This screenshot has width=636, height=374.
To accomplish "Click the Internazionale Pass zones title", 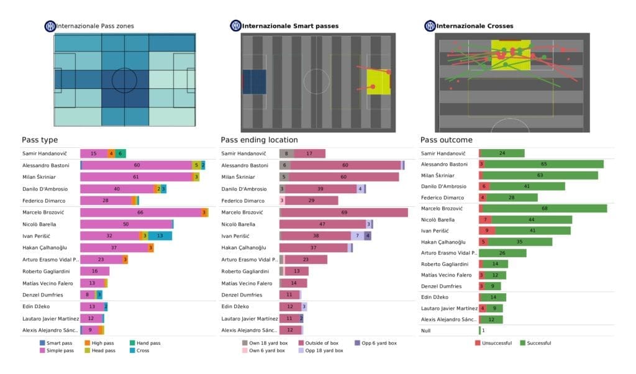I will tap(94, 26).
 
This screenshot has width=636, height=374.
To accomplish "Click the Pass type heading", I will tap(40, 140).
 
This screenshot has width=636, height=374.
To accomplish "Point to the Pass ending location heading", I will tap(259, 140).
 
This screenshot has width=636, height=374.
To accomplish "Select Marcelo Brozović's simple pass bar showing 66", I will tap(140, 212).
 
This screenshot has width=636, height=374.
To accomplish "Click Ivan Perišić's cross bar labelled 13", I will tap(160, 236).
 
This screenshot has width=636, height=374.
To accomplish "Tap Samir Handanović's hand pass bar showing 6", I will tap(120, 153).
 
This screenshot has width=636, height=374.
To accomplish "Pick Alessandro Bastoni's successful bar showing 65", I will tap(544, 165).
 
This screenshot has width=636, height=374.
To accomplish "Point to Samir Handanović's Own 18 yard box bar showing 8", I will tap(286, 153).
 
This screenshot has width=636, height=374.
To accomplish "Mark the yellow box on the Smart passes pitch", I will tap(378, 82).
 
